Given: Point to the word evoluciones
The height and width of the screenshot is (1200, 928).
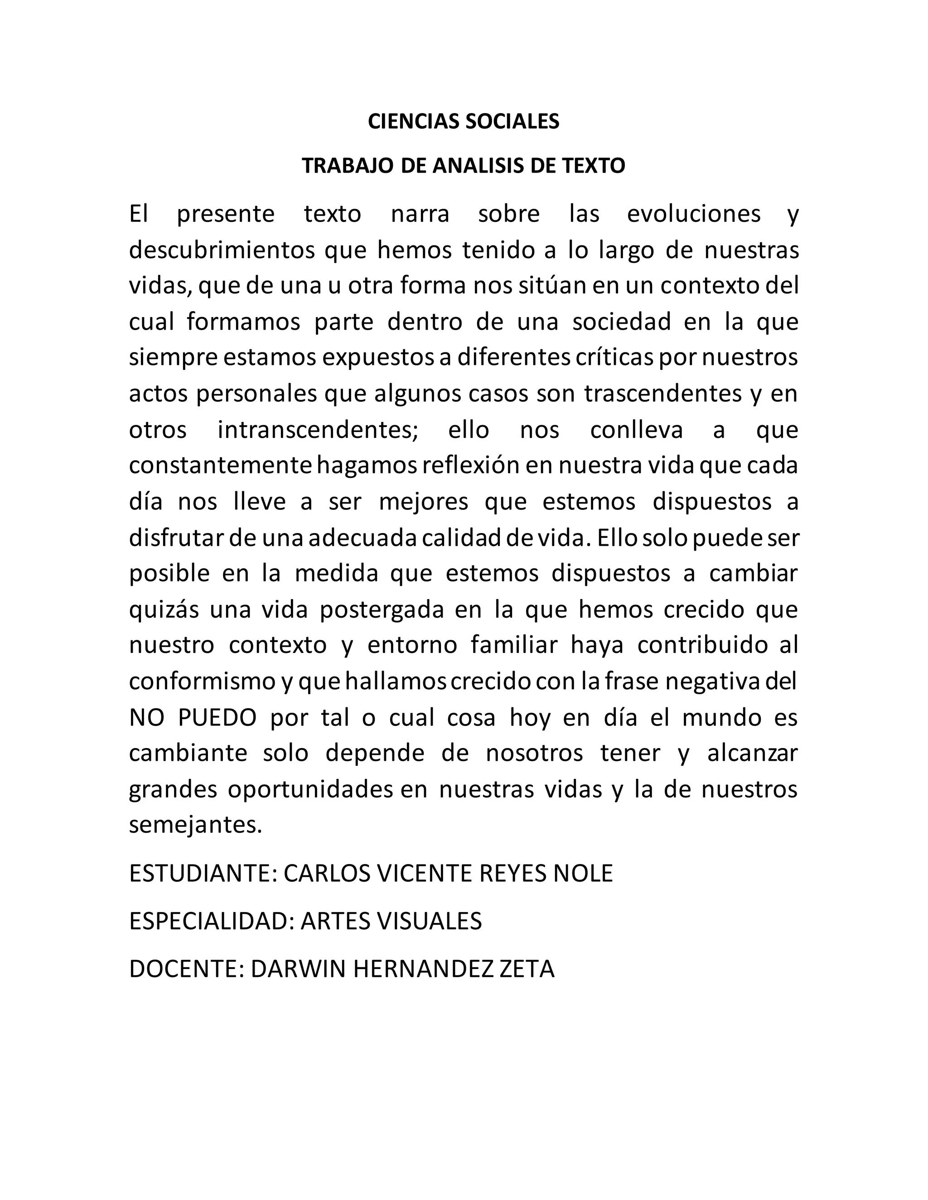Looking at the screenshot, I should coord(693,213).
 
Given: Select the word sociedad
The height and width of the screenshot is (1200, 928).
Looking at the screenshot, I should coord(621,322).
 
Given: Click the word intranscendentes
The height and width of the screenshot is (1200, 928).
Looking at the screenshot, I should coord(318,429).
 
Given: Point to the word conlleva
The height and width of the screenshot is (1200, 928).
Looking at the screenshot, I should coord(636,429).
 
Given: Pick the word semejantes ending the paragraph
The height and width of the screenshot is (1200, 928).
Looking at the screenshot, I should coord(195,825).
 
